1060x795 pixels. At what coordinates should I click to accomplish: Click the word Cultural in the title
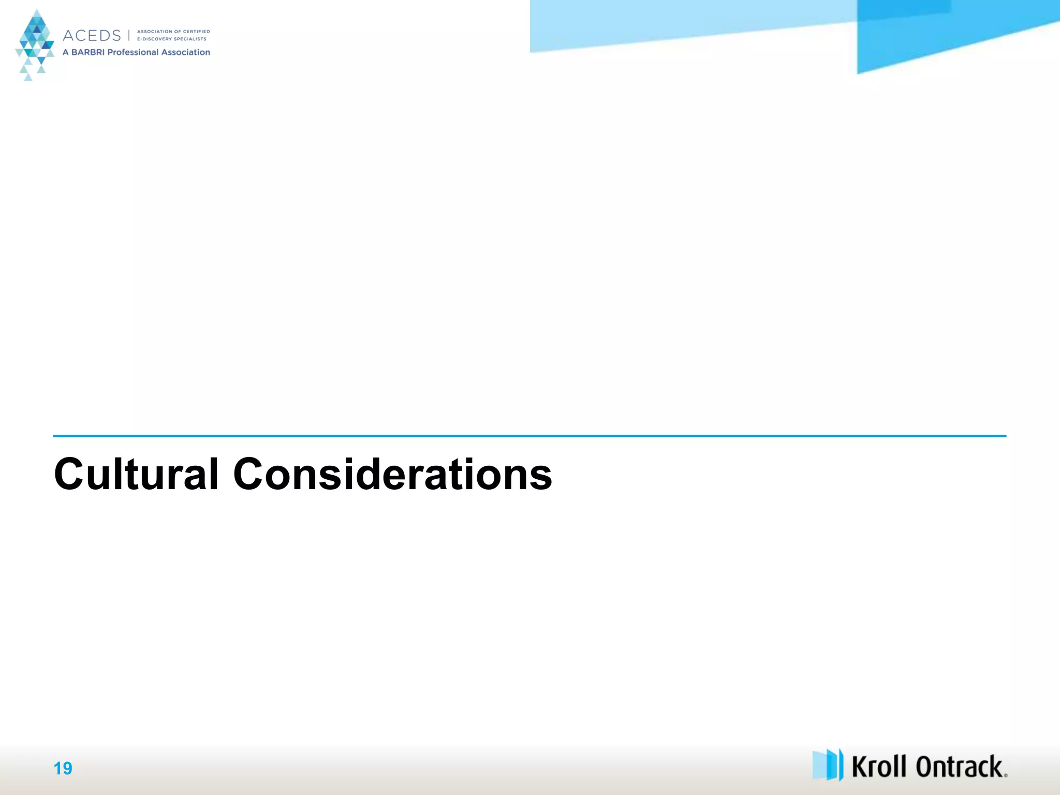point(136,474)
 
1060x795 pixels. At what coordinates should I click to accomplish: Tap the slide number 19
point(63,768)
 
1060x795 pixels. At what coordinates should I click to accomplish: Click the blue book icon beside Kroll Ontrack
point(828,764)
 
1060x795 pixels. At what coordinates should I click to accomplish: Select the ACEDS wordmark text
point(92,36)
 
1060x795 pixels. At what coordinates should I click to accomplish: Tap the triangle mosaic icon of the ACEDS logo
point(35,44)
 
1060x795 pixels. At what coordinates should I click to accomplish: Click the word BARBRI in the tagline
point(87,52)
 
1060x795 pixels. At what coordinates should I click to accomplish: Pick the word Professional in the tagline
point(132,52)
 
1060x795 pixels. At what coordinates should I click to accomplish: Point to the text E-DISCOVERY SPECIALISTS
point(171,39)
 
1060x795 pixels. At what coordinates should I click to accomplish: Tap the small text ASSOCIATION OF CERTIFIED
point(173,32)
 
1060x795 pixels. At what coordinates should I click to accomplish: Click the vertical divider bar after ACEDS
point(129,35)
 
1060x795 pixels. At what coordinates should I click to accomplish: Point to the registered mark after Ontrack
point(1005,775)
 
